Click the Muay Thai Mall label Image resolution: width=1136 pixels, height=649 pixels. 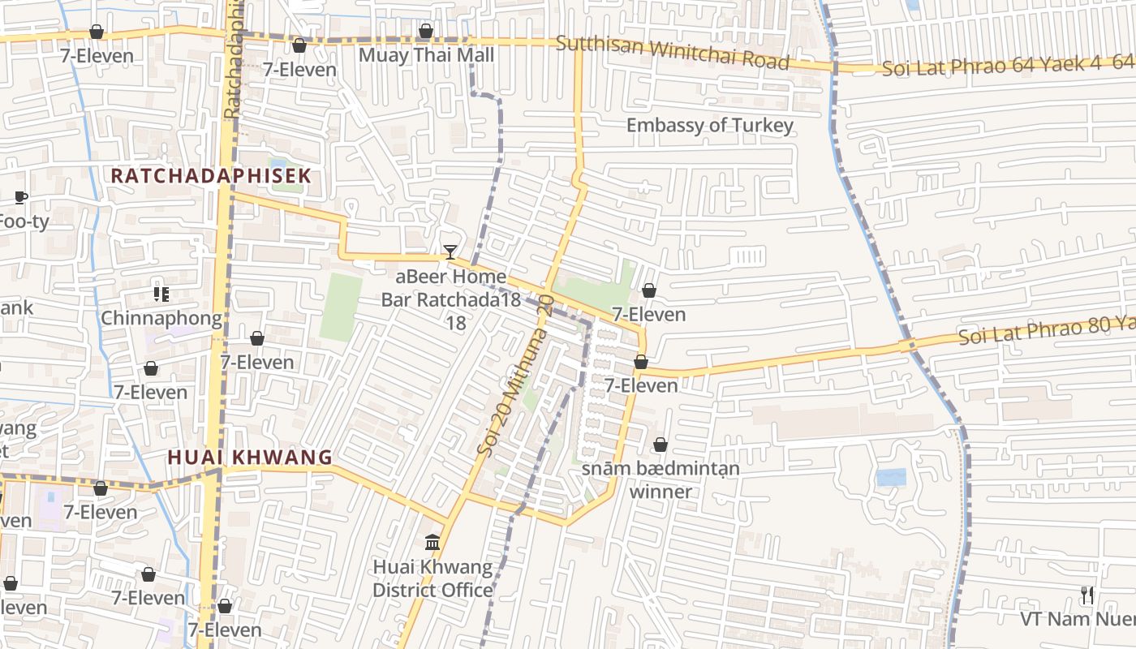(426, 55)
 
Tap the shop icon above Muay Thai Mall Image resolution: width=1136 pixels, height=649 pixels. (426, 32)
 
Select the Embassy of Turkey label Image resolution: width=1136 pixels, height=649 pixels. (709, 125)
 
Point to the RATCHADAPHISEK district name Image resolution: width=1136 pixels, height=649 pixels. (211, 176)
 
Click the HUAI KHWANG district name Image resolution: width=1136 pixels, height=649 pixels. (250, 458)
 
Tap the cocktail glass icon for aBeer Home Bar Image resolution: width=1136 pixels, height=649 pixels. (450, 252)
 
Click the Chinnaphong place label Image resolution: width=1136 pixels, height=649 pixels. (161, 318)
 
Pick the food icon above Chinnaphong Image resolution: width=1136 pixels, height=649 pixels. (161, 294)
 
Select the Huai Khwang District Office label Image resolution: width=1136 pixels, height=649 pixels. (432, 578)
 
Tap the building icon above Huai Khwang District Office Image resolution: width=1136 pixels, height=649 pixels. (432, 542)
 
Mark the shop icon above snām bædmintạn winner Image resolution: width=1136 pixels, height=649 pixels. (661, 445)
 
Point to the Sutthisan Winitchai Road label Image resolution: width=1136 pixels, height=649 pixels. (672, 52)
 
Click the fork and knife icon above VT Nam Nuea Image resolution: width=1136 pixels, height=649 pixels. (1087, 595)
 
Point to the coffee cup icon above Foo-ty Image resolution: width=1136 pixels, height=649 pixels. (21, 197)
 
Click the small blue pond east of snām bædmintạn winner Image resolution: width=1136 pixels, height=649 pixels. (891, 477)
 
